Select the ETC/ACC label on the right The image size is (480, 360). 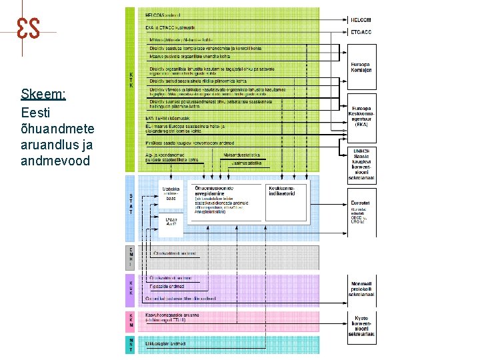tap(361, 31)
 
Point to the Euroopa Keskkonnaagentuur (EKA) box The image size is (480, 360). tap(361, 115)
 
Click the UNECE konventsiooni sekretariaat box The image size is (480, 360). tap(361, 164)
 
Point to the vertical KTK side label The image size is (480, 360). tap(131, 80)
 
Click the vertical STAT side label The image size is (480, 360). tap(131, 204)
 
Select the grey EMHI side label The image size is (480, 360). tap(131, 257)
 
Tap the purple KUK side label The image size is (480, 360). tap(131, 288)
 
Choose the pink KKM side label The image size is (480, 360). tap(131, 319)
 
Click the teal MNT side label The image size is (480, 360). tap(131, 345)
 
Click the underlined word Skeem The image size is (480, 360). tap(43, 94)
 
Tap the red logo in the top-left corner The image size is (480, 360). tap(28, 27)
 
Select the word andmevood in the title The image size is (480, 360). tap(55, 161)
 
